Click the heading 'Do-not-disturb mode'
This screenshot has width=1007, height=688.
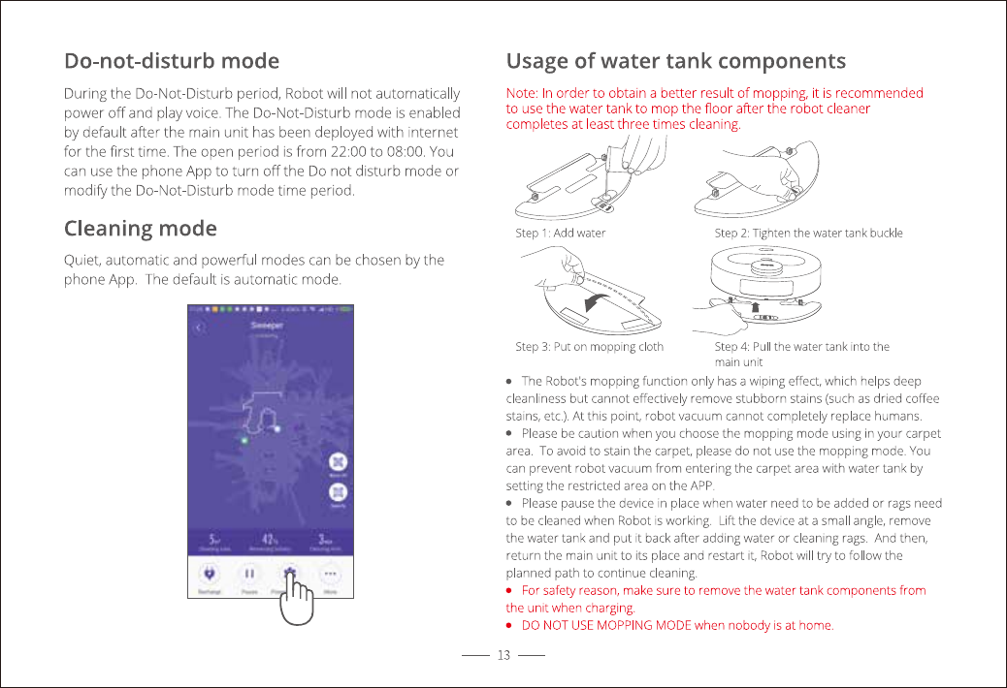[x=172, y=61]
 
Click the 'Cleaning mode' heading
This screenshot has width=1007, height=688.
[x=141, y=229]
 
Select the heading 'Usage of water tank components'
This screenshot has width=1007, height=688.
[x=676, y=61]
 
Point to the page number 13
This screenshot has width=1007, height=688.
[x=503, y=656]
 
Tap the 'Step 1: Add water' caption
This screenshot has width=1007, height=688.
[x=560, y=233]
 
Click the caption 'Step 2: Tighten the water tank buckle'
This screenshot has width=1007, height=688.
[x=808, y=233]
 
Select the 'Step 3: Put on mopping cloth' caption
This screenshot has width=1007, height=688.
[x=589, y=346]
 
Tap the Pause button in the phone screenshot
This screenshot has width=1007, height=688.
[x=248, y=574]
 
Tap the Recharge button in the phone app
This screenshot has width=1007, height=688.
[x=208, y=574]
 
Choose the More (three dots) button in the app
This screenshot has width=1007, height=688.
[x=331, y=574]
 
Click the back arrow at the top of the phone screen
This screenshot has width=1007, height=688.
[x=199, y=328]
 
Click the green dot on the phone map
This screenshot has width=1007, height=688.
[x=244, y=440]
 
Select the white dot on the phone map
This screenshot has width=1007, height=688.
[x=277, y=427]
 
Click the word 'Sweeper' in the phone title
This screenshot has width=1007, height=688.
[x=268, y=326]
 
